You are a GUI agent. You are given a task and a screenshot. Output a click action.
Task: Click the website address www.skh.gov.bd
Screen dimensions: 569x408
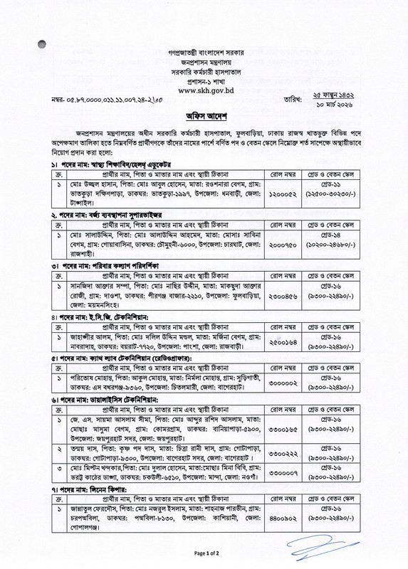204,90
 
